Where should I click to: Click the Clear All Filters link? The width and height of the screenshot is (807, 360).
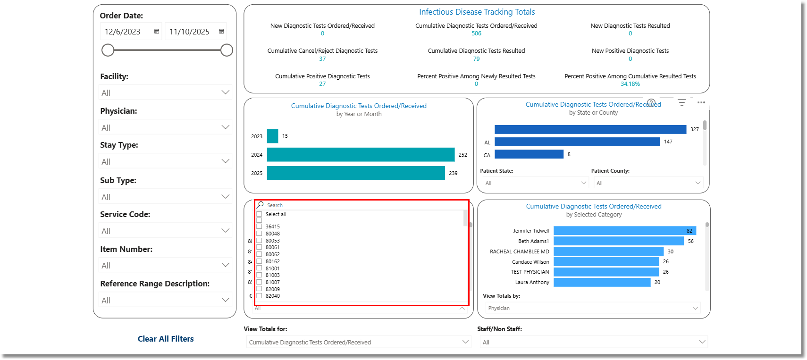click(166, 339)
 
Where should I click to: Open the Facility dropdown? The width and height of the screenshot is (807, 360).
click(165, 93)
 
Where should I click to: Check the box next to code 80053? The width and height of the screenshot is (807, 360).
click(259, 241)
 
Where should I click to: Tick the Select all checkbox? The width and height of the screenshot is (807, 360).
click(259, 214)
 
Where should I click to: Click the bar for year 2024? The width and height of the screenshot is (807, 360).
click(361, 155)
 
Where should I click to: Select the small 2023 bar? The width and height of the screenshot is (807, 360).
click(272, 136)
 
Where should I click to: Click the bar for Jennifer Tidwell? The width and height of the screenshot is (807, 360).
click(624, 231)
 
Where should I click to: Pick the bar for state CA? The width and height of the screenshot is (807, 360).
click(529, 154)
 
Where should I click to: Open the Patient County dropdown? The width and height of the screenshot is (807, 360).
click(647, 183)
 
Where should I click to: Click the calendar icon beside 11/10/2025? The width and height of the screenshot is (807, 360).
click(221, 32)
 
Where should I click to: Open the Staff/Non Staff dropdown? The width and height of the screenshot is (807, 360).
click(593, 342)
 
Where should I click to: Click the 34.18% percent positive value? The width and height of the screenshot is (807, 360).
click(630, 84)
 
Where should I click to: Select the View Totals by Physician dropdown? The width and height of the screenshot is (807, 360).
click(592, 308)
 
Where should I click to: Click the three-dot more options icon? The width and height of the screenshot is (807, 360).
click(701, 102)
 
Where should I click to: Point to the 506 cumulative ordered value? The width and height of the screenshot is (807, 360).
click(476, 33)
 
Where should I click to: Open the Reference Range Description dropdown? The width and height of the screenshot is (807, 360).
click(165, 301)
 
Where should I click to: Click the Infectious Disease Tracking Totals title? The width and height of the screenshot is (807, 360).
click(477, 12)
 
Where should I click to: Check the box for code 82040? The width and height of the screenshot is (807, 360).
click(259, 296)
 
